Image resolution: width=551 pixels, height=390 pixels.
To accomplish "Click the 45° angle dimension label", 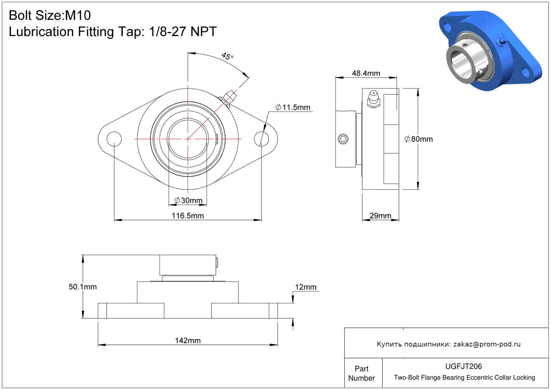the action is click(227, 56).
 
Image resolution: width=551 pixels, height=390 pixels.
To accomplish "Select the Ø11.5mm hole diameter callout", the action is click(293, 107).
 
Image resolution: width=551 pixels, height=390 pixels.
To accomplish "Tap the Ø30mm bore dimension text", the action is click(188, 201).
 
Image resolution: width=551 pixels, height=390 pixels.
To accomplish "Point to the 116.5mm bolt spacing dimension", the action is click(188, 216).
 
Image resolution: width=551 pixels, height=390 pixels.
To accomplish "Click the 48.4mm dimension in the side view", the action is click(366, 73).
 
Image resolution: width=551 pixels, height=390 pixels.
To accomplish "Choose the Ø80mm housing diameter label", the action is click(419, 139).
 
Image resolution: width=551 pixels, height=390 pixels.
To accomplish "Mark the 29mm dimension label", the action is click(380, 216).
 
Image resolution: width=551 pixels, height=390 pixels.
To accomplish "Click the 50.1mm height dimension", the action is click(83, 287).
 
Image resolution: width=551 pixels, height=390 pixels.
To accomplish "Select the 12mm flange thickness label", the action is click(305, 287).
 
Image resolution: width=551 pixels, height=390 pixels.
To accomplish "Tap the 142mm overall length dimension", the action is click(188, 340).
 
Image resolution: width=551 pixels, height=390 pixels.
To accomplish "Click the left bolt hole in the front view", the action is click(114, 139).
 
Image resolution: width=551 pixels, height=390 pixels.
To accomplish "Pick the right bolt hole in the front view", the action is click(261, 139).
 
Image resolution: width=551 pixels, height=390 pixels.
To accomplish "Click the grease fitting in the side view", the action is click(373, 99).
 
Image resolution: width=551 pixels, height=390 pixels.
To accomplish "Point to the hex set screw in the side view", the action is click(343, 139).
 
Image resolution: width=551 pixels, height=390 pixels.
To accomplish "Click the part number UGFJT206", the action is click(463, 366).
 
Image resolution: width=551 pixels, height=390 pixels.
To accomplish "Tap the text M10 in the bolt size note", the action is click(78, 15).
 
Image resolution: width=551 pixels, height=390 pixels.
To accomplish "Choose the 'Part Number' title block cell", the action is click(361, 373).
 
